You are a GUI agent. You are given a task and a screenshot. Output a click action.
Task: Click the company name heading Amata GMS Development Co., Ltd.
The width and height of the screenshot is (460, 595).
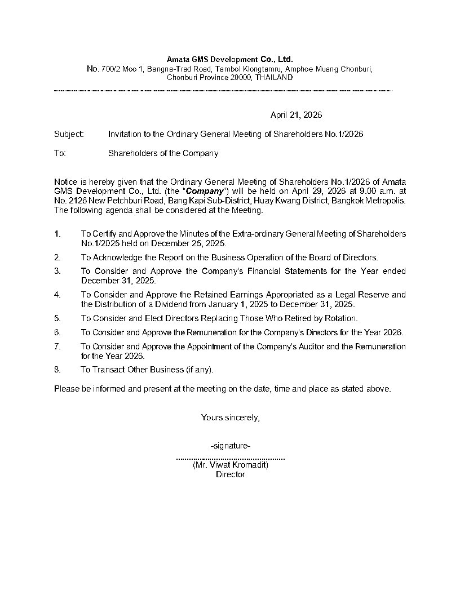pyautogui.click(x=229, y=59)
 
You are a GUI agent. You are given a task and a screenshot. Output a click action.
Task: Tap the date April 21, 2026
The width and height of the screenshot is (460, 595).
pyautogui.click(x=296, y=115)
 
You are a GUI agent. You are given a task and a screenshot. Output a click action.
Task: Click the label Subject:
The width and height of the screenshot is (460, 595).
pyautogui.click(x=69, y=134)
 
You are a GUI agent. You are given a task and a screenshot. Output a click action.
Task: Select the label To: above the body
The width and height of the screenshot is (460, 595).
pyautogui.click(x=60, y=153)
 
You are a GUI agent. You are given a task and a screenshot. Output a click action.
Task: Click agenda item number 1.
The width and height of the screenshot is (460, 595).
pyautogui.click(x=57, y=234)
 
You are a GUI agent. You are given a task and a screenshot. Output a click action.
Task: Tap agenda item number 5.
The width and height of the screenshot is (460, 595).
pyautogui.click(x=57, y=318)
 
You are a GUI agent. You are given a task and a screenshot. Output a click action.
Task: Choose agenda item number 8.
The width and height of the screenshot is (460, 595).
pyautogui.click(x=57, y=370)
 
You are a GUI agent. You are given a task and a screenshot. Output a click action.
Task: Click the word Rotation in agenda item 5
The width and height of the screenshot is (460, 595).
pyautogui.click(x=340, y=318)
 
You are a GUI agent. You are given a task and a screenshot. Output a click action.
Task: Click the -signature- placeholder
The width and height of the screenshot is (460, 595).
pyautogui.click(x=230, y=446)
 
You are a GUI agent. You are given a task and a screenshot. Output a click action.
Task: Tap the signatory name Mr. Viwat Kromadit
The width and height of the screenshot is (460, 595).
pyautogui.click(x=231, y=465)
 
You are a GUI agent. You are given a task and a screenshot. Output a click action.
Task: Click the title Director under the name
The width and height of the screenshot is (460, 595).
pyautogui.click(x=231, y=474)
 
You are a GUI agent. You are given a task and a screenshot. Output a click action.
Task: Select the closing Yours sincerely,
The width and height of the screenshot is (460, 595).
pyautogui.click(x=230, y=418)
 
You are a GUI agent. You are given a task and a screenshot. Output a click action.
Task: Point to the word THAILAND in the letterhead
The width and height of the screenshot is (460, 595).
pyautogui.click(x=274, y=77)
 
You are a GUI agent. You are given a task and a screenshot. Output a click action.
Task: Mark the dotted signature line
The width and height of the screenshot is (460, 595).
pyautogui.click(x=231, y=458)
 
